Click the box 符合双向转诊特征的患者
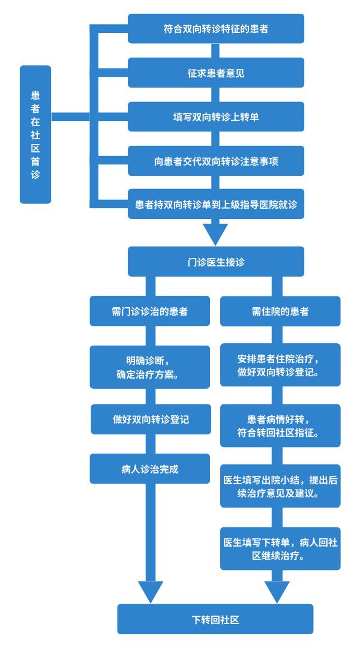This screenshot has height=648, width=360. (x=216, y=29)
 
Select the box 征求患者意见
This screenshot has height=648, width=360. (x=216, y=73)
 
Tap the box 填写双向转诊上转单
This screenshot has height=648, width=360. (x=216, y=117)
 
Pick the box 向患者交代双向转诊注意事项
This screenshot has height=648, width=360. (x=216, y=161)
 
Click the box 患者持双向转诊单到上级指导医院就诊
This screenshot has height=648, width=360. (x=216, y=204)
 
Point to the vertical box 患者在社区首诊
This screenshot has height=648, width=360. (x=35, y=135)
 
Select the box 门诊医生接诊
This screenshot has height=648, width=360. (x=216, y=262)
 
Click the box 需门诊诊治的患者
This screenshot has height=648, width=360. (x=149, y=311)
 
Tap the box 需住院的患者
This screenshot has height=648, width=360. (x=280, y=311)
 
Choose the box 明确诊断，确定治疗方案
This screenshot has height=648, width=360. (x=149, y=367)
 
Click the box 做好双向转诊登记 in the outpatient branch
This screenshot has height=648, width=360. (x=151, y=419)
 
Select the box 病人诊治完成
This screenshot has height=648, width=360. (x=149, y=469)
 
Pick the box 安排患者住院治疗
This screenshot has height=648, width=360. (x=280, y=365)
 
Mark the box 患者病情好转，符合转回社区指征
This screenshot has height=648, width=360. (x=280, y=425)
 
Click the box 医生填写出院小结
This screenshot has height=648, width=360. (x=280, y=487)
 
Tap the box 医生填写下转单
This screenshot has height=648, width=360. (x=280, y=549)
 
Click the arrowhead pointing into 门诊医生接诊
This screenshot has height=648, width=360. (x=216, y=234)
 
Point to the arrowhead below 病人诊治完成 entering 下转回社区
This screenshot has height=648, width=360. (x=151, y=592)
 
